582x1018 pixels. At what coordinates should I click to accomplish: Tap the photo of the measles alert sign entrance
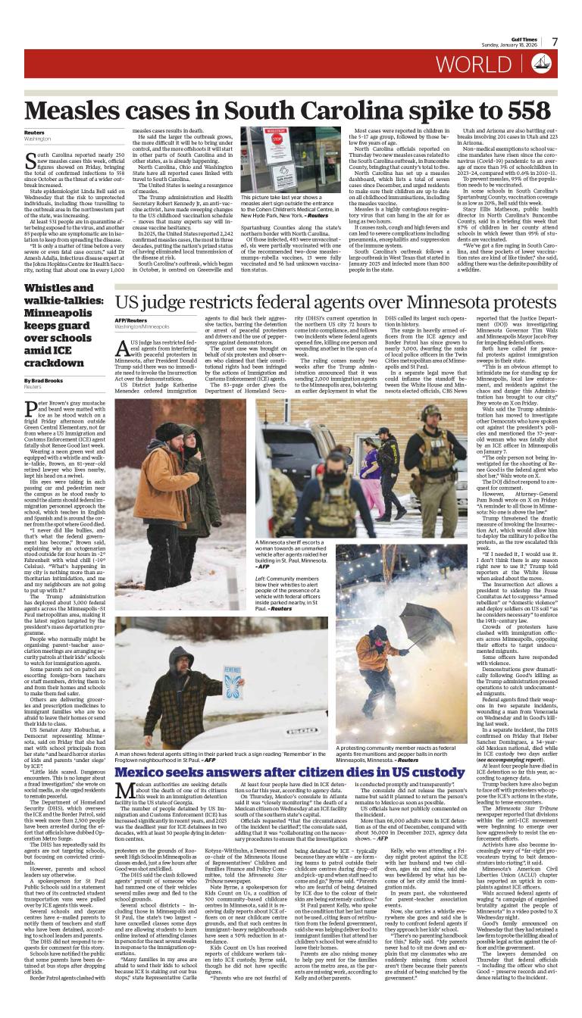(x=280, y=160)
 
